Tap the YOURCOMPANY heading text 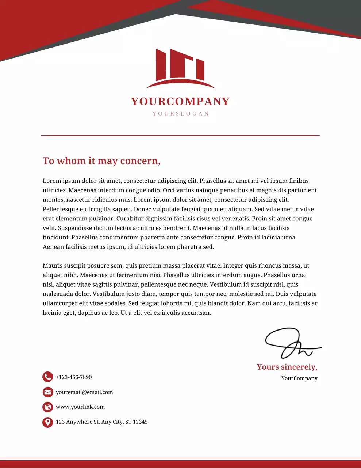[180, 101]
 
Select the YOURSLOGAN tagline [181, 114]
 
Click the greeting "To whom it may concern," [101, 161]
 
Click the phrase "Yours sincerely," [287, 367]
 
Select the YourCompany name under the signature [299, 378]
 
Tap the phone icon [47, 377]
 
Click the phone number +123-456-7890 [74, 377]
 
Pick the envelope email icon [47, 392]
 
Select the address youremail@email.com [84, 392]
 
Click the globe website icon [47, 407]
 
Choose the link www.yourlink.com [80, 407]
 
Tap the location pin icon [47, 422]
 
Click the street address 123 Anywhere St [101, 422]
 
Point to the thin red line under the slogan [180, 136]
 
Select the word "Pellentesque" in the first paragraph [61, 209]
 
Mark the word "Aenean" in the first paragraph [53, 247]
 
